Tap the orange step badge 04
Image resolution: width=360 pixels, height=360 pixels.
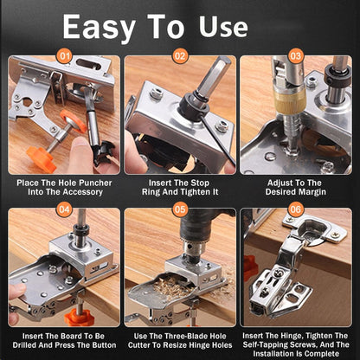[63, 209]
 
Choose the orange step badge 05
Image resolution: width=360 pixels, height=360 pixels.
[179, 209]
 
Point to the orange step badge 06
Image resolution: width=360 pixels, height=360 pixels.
[296, 209]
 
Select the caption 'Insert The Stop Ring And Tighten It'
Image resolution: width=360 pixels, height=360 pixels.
[179, 188]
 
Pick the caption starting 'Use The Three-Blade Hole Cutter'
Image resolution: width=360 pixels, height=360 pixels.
[179, 339]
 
